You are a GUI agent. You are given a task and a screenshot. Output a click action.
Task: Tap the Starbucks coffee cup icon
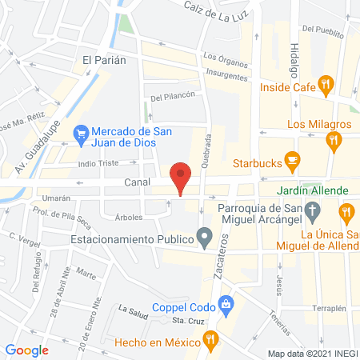tap(292, 162)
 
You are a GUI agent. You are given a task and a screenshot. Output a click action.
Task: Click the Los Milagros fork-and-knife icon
tap(334, 142)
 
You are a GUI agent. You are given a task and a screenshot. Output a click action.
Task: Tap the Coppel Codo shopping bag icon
tap(227, 303)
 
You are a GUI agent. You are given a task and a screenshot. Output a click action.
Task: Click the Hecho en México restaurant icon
tap(210, 340)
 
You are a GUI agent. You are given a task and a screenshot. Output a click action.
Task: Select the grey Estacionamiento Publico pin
tap(206, 238)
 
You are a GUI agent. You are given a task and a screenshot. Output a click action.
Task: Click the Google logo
tap(27, 350)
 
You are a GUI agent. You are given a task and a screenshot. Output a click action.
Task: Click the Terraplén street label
tap(329, 308)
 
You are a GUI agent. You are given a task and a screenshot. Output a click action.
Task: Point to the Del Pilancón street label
tap(173, 98)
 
